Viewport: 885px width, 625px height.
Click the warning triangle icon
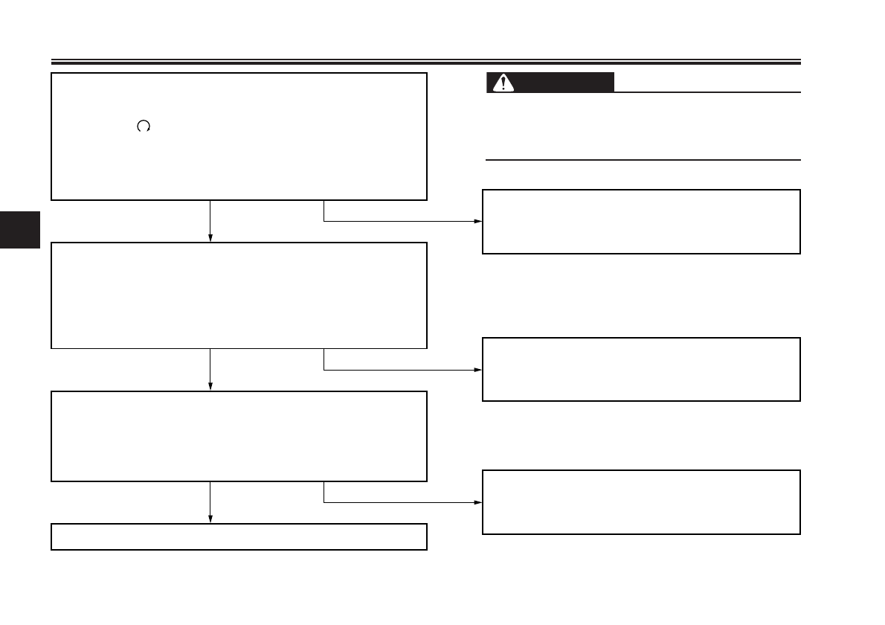tap(504, 83)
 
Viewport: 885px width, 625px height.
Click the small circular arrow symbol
tap(144, 127)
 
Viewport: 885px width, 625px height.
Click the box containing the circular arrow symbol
tap(239, 136)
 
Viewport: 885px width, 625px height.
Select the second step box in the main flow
tap(239, 295)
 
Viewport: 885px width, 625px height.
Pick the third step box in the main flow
tap(239, 436)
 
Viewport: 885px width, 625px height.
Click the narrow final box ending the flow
tap(239, 536)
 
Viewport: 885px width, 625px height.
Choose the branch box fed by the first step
tap(641, 222)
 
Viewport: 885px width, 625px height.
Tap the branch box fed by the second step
tap(641, 369)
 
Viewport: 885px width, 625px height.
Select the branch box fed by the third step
tap(641, 501)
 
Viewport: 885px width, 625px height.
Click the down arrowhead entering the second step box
tap(210, 237)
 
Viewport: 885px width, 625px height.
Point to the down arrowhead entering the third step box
tap(210, 386)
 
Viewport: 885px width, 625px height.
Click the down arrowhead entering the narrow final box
tap(210, 519)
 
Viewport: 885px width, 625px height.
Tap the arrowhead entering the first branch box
tap(478, 222)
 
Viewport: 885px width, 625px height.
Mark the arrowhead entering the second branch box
tap(478, 370)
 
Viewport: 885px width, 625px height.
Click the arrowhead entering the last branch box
tap(478, 502)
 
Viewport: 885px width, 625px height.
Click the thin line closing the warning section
tap(643, 159)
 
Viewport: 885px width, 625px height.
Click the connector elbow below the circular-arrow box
tap(324, 221)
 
